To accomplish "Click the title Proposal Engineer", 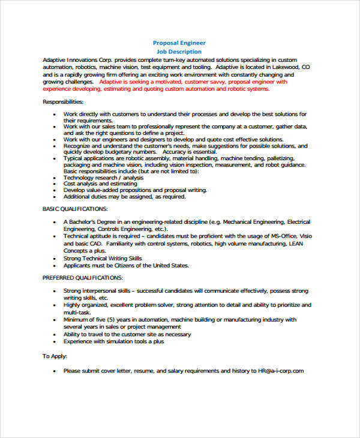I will pos(180,43).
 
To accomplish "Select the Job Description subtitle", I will pos(180,52).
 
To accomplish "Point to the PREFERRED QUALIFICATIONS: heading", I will pos(82,278).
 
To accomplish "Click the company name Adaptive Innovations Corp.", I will pos(76,60).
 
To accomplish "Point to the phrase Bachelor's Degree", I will pos(91,222).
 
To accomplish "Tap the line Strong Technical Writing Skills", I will pos(103,258).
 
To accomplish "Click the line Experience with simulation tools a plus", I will pos(113,341).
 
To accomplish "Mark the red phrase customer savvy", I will pos(206,81).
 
